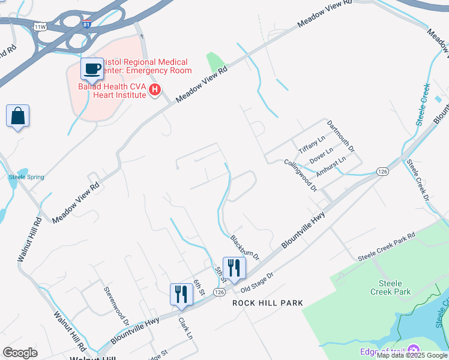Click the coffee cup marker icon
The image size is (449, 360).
click(92, 69)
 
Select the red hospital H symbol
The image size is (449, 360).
click(155, 90)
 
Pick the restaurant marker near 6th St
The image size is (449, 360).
click(181, 294)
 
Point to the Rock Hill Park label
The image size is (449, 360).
click(268, 303)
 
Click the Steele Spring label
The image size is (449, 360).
click(26, 177)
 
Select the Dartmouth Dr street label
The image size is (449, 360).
click(341, 136)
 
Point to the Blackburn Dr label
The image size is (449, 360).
click(245, 247)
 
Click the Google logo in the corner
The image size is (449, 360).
click(20, 353)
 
